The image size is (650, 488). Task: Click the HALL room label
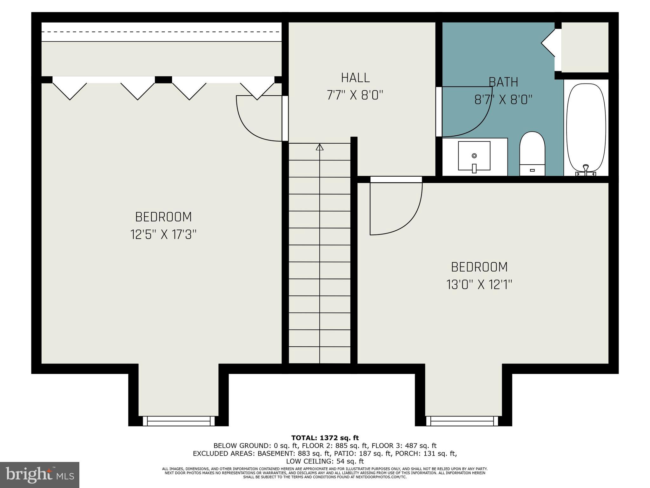pos(355,78)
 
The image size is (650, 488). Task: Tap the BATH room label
pos(503,82)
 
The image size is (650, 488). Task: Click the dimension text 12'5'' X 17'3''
pos(163,235)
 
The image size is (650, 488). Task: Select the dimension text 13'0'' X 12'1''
pos(479,284)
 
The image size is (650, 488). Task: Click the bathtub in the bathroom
pos(586,127)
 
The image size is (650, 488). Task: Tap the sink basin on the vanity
pos(474,156)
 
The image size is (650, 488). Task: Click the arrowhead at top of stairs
pos(320,147)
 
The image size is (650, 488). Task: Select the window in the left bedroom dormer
pos(179,421)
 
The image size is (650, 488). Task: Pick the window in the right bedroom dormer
pos(462,421)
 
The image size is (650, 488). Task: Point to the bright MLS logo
pos(40,475)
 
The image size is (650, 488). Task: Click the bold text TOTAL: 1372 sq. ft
pos(325,438)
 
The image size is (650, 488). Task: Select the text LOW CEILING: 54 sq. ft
pos(325,461)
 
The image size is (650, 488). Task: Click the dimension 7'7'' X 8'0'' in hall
pos(355,95)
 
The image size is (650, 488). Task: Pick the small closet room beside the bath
pos(585,47)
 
